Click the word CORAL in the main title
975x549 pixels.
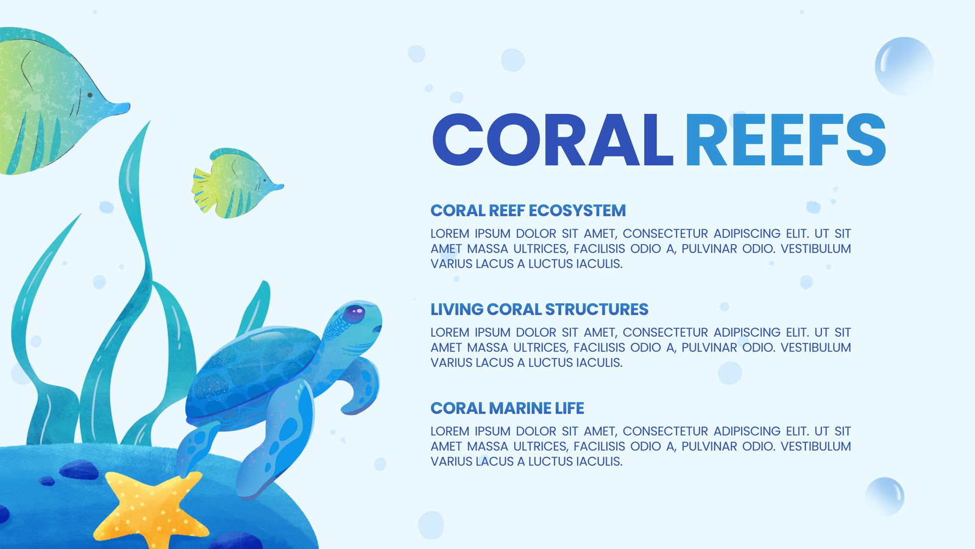click(553, 140)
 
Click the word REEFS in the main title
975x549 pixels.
click(785, 140)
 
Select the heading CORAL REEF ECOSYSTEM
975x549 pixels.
click(528, 210)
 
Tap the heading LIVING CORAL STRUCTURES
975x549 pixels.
click(539, 309)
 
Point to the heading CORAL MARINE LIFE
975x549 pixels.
click(507, 408)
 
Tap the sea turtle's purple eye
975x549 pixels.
click(354, 314)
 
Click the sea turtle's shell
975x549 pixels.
click(252, 370)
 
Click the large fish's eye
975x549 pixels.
click(90, 95)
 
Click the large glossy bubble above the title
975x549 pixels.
click(904, 66)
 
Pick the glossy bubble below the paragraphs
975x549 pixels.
click(884, 497)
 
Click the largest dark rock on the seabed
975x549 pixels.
click(79, 470)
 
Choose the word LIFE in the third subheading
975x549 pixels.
click(569, 408)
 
